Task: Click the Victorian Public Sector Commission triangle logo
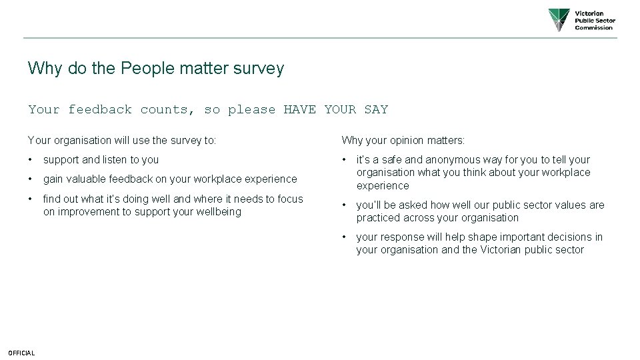point(559,20)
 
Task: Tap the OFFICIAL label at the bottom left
point(21,353)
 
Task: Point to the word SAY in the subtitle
point(376,109)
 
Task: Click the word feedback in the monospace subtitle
point(100,109)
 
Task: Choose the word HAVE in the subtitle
point(300,109)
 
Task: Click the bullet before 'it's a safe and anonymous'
point(344,160)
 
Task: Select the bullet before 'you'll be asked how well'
point(344,205)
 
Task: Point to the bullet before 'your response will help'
point(344,237)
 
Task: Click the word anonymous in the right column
point(451,160)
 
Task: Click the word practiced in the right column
point(379,218)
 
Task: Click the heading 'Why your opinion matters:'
point(403,141)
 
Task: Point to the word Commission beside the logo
point(593,28)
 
